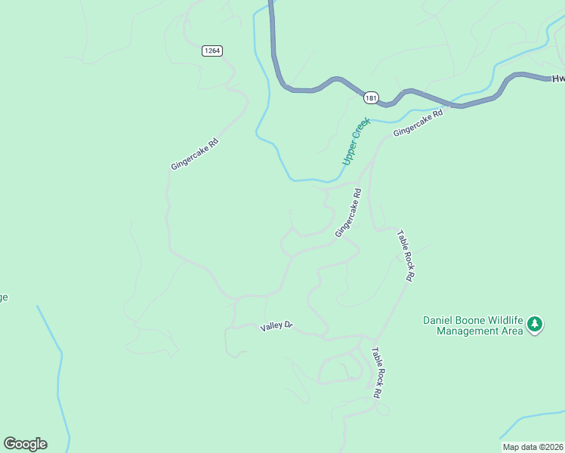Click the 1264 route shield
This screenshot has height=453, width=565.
pos(212,51)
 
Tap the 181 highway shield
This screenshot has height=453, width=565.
pos(370,98)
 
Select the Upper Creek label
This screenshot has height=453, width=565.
pos(356,140)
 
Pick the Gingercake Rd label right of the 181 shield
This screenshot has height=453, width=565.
pos(417,122)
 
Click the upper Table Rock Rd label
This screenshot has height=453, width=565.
pos(405,256)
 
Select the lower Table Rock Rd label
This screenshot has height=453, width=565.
pos(376,372)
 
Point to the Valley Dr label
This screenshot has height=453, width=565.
pos(276,326)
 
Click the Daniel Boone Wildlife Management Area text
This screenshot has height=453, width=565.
pos(472,325)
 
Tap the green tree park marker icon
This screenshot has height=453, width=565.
pos(536,325)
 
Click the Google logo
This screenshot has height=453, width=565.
pos(25,444)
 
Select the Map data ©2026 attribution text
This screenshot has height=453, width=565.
pos(533,447)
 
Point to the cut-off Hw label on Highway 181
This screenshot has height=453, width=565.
pos(558,78)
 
